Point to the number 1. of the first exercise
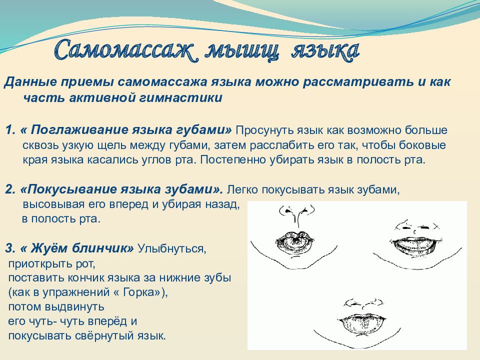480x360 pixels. (10, 130)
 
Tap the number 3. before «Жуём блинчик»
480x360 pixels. (10, 248)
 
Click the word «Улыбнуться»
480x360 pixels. (172, 248)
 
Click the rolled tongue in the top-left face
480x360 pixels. (296, 240)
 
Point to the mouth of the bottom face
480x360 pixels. (361, 324)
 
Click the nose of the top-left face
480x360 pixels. (296, 214)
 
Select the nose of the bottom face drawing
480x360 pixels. (363, 303)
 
